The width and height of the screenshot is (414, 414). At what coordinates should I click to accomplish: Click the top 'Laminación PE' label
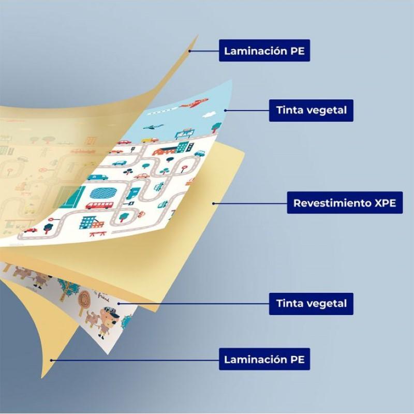tap(264, 51)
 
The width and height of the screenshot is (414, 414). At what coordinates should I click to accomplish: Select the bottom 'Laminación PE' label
tap(264, 359)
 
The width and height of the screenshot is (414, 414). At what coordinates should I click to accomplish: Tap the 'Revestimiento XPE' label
tap(345, 203)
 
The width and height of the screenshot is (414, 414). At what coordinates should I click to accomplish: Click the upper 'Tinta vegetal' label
tap(311, 110)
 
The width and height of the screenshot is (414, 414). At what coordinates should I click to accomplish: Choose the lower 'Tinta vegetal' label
tap(311, 304)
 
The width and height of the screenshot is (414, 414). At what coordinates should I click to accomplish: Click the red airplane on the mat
tap(195, 103)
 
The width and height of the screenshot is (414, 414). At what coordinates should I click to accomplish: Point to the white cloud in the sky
tap(210, 114)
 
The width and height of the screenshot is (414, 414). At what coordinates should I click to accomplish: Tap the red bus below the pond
tap(99, 205)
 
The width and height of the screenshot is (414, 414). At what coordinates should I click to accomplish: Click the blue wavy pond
tap(103, 193)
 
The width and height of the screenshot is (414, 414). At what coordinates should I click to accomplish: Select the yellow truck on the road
tap(150, 140)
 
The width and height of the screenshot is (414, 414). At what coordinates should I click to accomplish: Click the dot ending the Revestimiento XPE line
tap(213, 203)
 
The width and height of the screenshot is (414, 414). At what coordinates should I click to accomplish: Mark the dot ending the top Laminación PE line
tap(189, 51)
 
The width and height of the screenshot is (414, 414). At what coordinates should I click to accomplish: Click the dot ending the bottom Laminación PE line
tap(51, 360)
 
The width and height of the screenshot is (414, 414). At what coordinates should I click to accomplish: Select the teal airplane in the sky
tap(153, 127)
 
